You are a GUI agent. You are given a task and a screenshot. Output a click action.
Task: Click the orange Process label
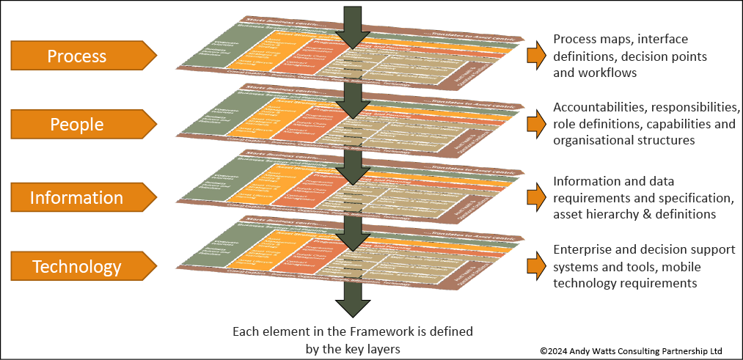pos(78,56)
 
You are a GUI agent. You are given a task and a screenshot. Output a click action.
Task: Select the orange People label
pos(78,125)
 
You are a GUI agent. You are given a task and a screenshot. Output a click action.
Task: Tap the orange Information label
pos(78,197)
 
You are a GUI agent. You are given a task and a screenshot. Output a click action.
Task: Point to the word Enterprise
pos(584,249)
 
